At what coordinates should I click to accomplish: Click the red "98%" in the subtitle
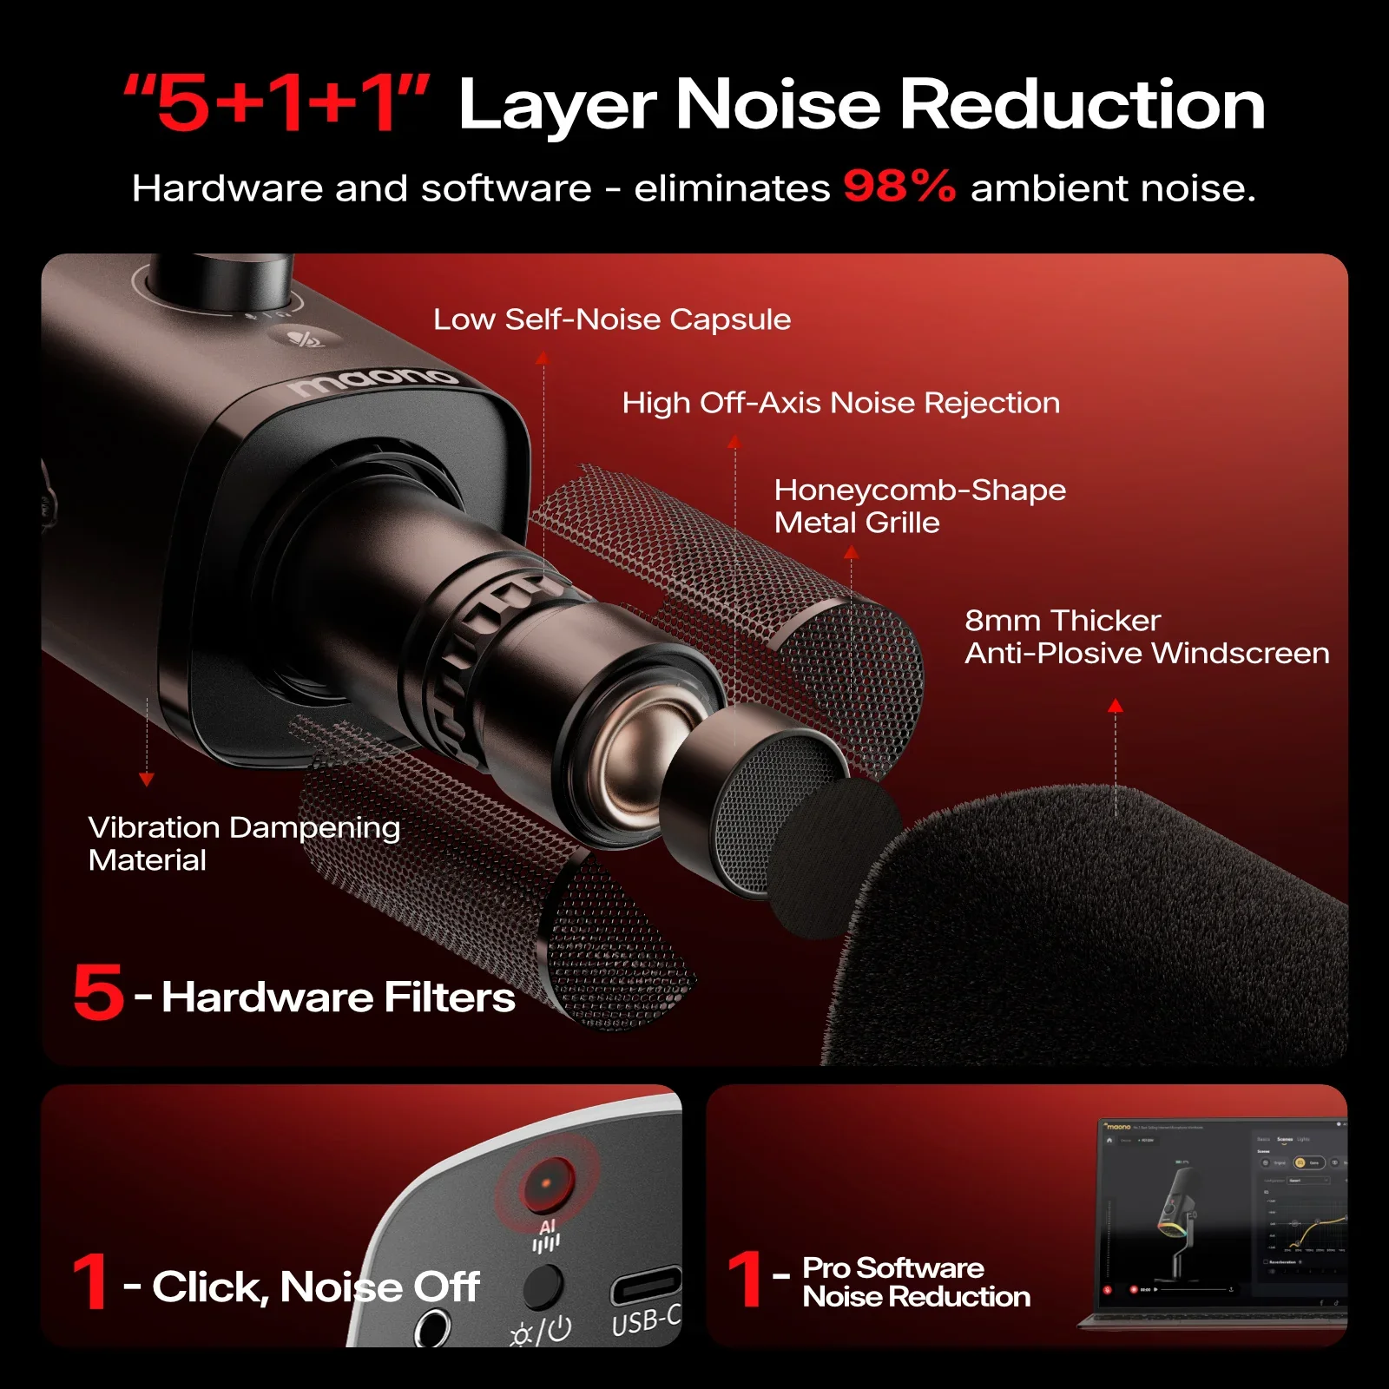[x=899, y=186]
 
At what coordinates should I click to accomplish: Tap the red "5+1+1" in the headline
[x=276, y=104]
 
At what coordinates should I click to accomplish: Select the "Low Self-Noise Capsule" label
[x=612, y=319]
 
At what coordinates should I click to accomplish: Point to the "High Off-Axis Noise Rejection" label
[x=840, y=403]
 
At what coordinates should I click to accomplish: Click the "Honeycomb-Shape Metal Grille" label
[x=918, y=506]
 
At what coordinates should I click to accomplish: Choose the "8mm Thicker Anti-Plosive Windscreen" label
[x=1146, y=636]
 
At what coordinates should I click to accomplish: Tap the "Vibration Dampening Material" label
[x=243, y=843]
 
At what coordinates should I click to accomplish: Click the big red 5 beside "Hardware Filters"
[x=98, y=991]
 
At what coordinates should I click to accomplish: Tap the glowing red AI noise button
[x=547, y=1184]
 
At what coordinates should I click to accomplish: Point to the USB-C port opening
[x=645, y=1285]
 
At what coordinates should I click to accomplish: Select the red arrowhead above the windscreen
[x=1116, y=706]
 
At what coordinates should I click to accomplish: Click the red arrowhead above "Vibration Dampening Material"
[x=147, y=780]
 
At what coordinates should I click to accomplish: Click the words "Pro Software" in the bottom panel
[x=892, y=1268]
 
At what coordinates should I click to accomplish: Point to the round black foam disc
[x=833, y=859]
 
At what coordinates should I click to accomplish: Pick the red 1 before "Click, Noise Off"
[x=90, y=1281]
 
